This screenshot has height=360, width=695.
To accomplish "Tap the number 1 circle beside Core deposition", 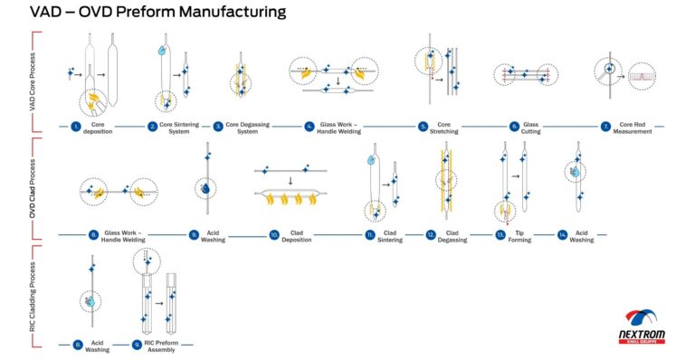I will pos(76,126).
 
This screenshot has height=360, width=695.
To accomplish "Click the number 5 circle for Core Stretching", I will pos(424,126).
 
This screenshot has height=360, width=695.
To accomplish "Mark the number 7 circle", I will pos(605,126).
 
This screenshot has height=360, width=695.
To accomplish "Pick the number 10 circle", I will pos(274,234).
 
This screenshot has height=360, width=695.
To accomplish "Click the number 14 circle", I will pos(563,234).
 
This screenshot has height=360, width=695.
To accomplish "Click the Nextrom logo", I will pos(646,327).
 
